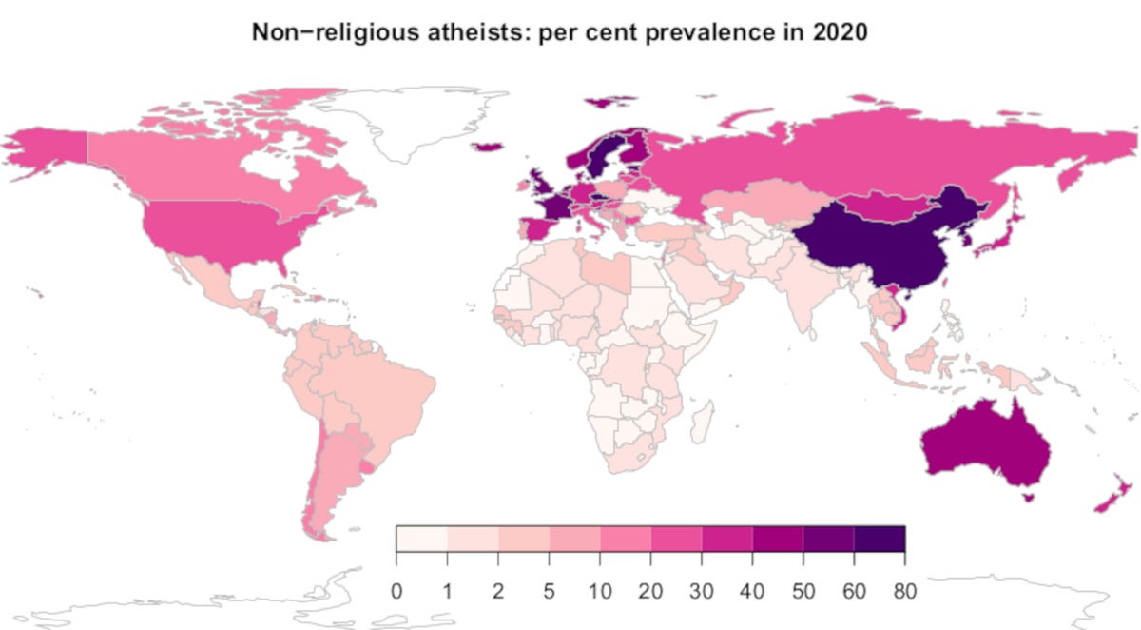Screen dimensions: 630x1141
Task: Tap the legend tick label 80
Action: [x=904, y=591]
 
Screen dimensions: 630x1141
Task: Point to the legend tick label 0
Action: [x=396, y=591]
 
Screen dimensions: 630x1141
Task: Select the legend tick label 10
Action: [x=600, y=591]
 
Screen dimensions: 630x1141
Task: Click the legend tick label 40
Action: [x=752, y=591]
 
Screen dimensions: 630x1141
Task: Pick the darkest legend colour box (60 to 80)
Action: [x=880, y=539]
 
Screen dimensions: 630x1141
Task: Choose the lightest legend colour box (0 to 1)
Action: [x=421, y=539]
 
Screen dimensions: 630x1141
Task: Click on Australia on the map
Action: [x=984, y=447]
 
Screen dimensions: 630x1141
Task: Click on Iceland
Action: [x=488, y=146]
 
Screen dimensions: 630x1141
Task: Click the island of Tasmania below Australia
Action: [x=1026, y=495]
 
